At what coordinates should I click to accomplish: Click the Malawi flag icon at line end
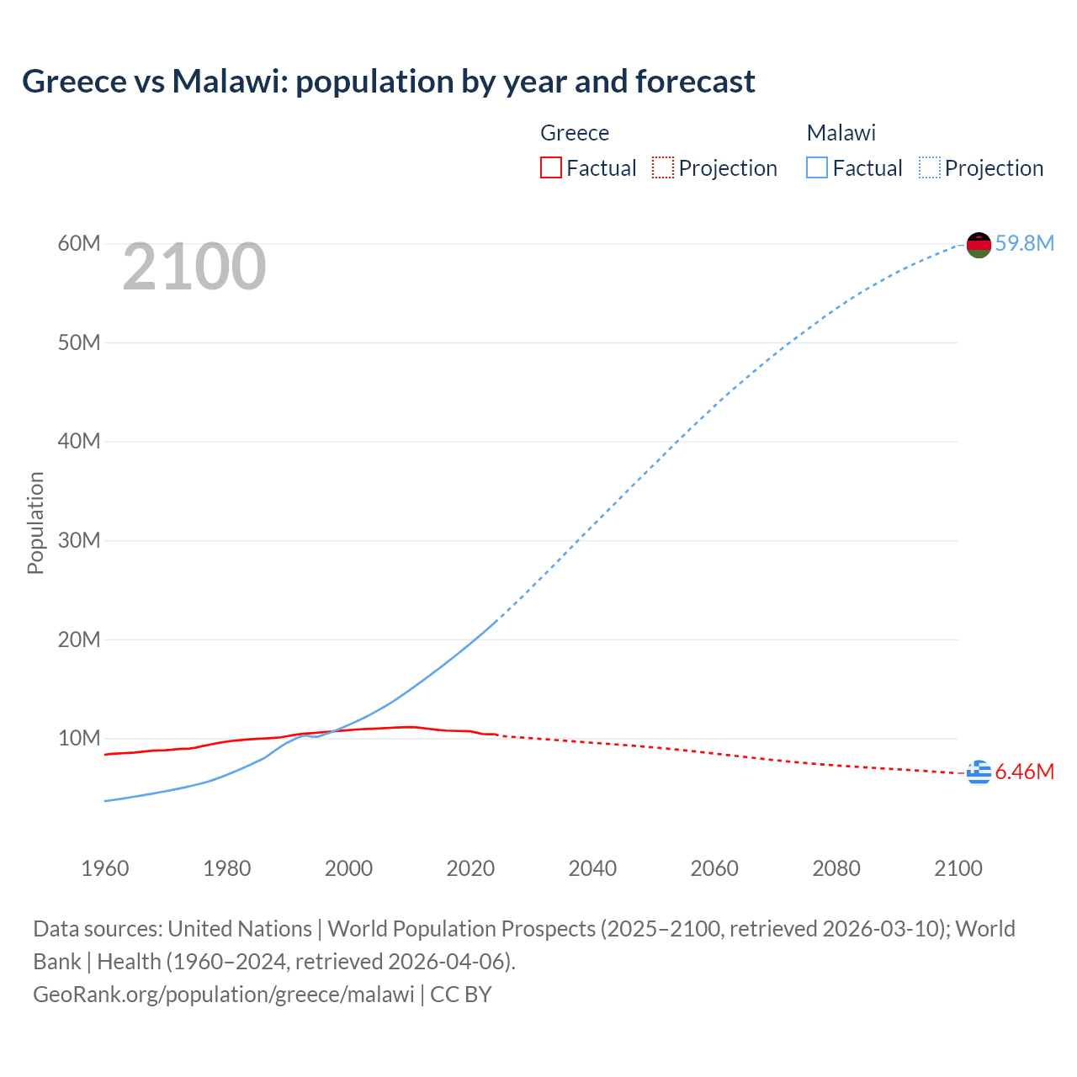[x=979, y=245]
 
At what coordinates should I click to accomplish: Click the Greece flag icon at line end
[x=979, y=772]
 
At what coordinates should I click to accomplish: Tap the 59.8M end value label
[x=1024, y=244]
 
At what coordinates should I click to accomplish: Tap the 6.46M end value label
[x=1024, y=772]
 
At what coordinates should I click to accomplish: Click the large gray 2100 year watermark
[x=194, y=267]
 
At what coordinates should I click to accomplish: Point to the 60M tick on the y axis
[x=79, y=244]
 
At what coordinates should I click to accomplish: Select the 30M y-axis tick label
[x=79, y=540]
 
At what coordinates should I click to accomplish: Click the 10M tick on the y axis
[x=79, y=739]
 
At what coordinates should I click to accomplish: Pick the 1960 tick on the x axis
[x=105, y=868]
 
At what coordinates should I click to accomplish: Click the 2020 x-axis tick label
[x=470, y=868]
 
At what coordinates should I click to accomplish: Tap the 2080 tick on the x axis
[x=836, y=868]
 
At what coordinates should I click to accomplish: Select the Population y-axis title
[x=35, y=523]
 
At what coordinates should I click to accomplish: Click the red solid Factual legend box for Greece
[x=550, y=168]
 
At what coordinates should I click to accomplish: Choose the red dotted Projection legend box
[x=663, y=168]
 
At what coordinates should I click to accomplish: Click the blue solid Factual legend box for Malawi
[x=816, y=168]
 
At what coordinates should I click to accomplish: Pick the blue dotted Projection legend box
[x=929, y=168]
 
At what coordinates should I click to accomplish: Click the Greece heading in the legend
[x=575, y=133]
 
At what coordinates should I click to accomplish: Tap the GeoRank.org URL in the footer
[x=223, y=995]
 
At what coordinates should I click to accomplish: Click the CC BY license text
[x=461, y=995]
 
